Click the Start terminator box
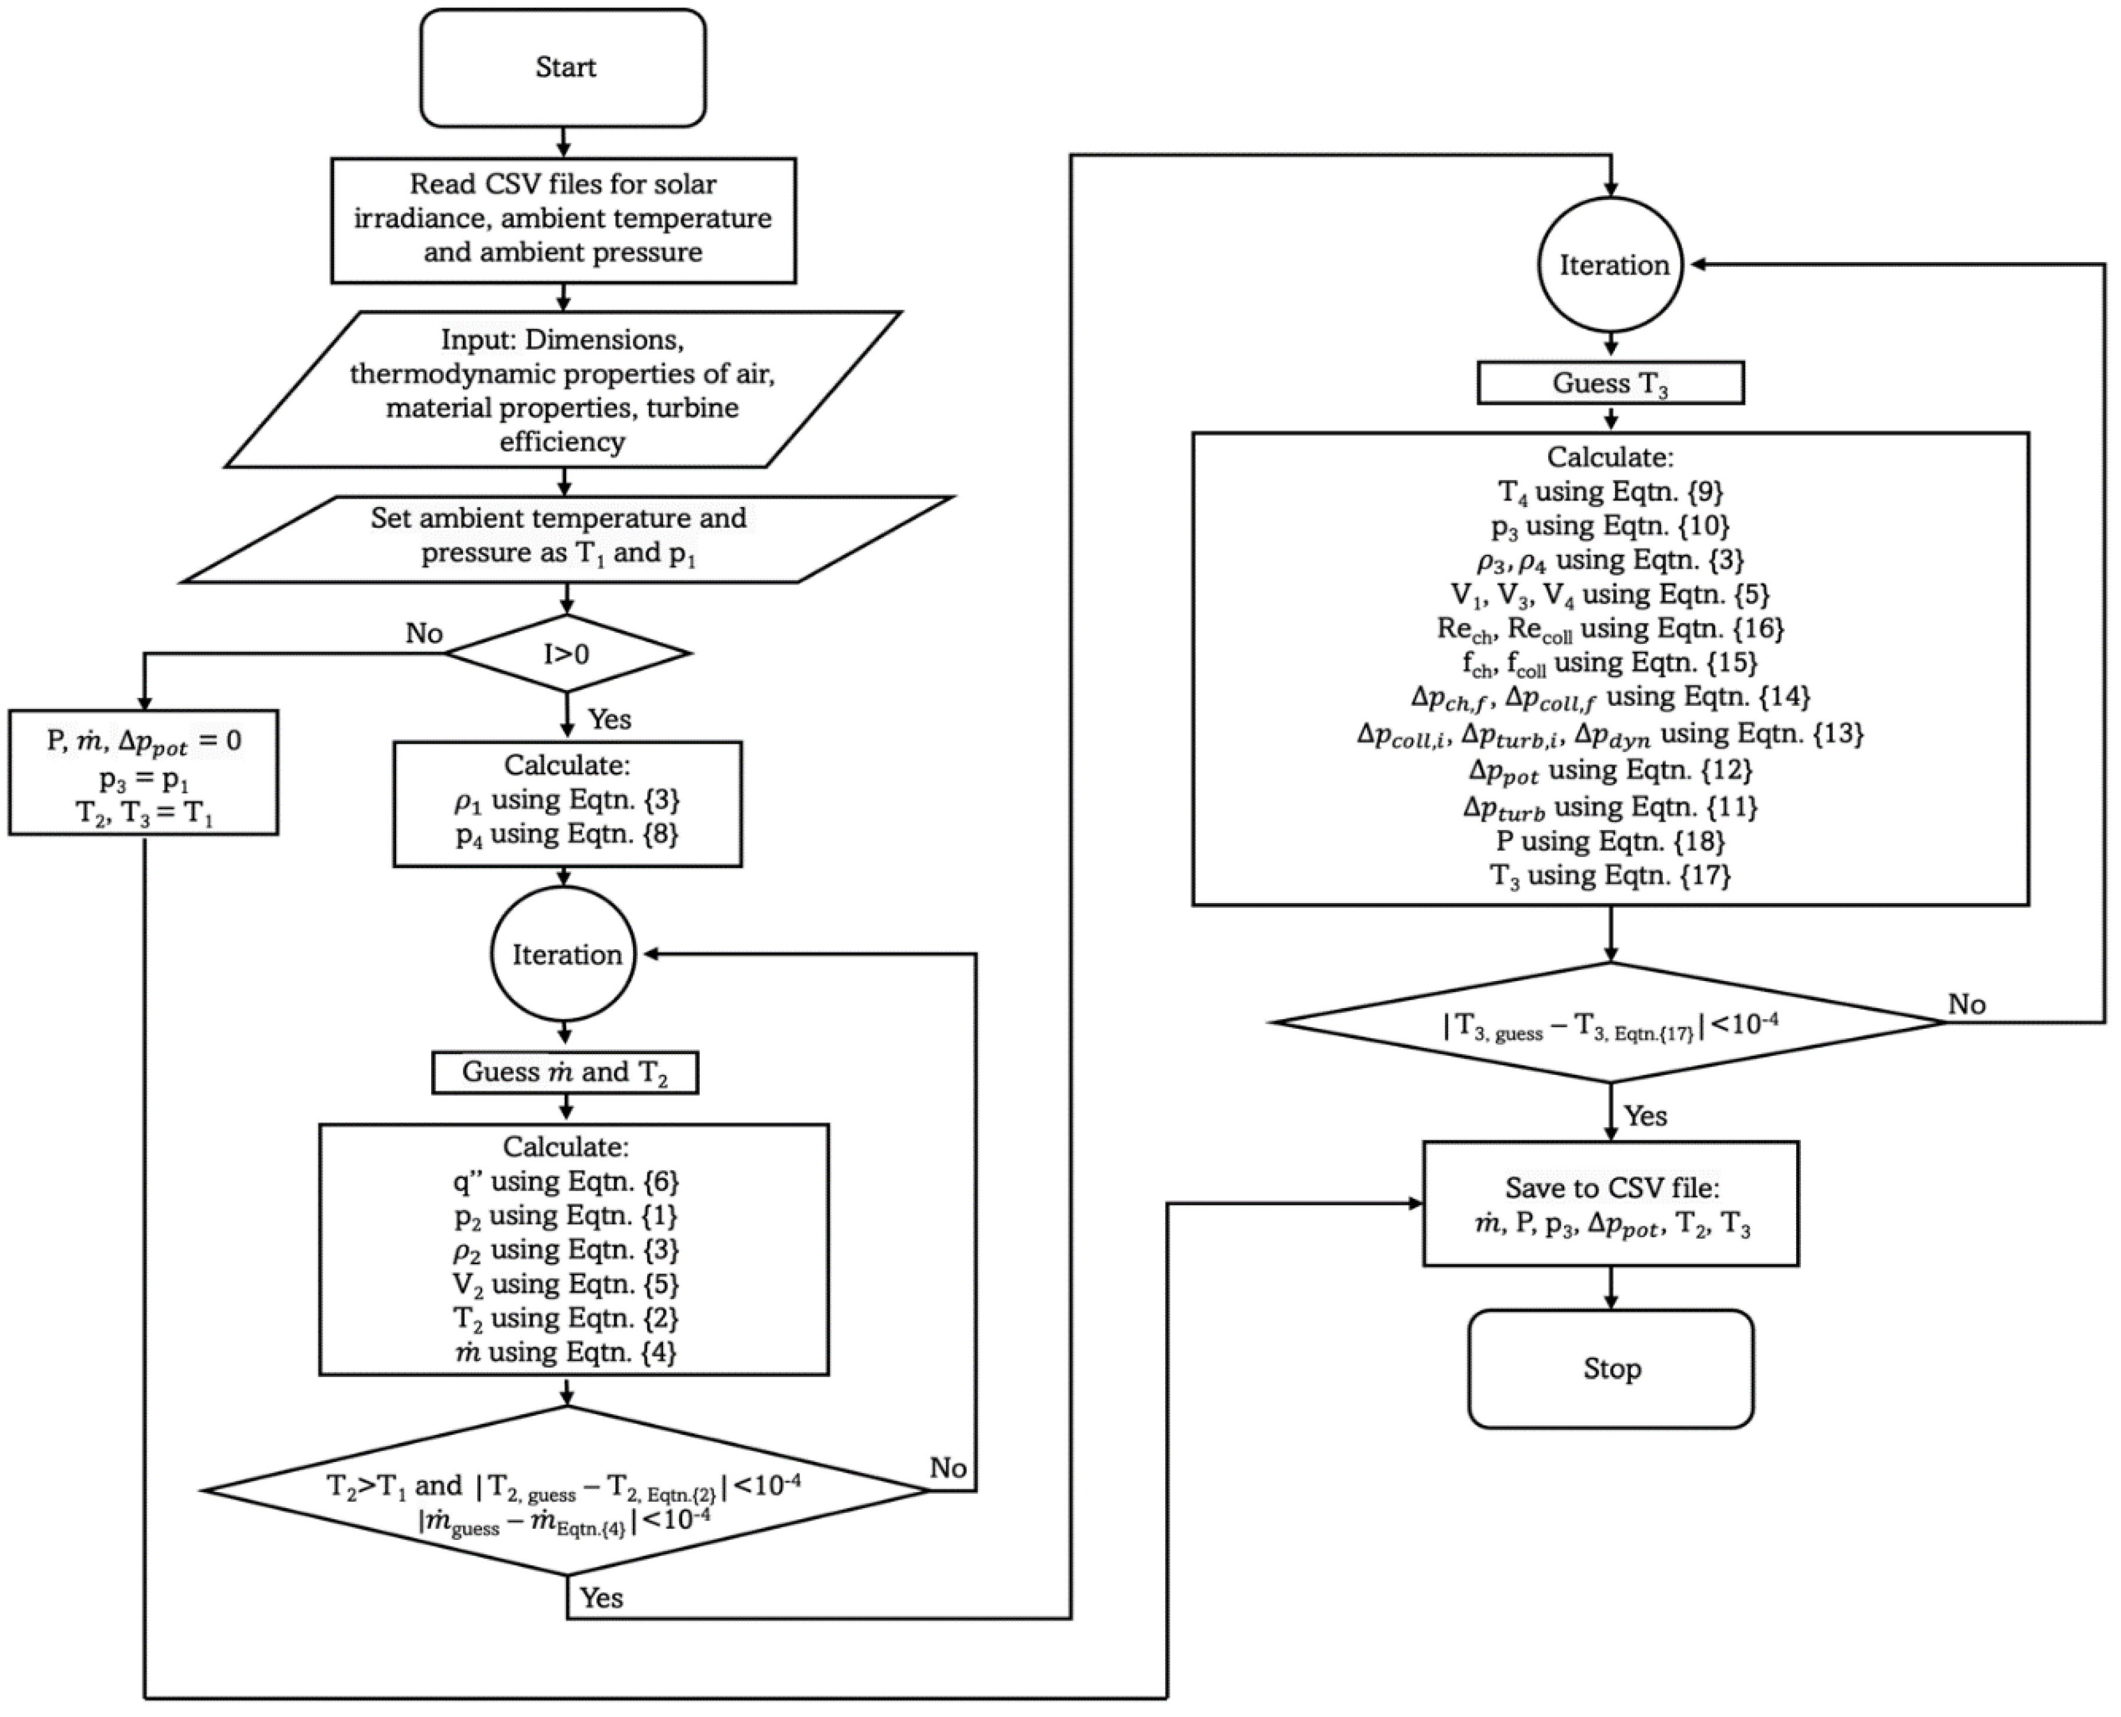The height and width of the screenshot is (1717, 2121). point(563,67)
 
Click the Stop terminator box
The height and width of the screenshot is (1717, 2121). point(1611,1369)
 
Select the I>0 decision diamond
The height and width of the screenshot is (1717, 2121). point(567,653)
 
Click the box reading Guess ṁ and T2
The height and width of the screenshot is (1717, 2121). point(565,1072)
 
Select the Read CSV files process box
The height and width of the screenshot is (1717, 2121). point(563,218)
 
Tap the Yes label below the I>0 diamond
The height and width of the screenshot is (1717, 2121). point(609,719)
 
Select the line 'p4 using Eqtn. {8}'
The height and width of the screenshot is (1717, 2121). point(567,834)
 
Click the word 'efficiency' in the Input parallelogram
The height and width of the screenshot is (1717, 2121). point(562,441)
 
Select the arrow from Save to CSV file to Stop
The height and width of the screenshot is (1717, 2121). point(1611,1288)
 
